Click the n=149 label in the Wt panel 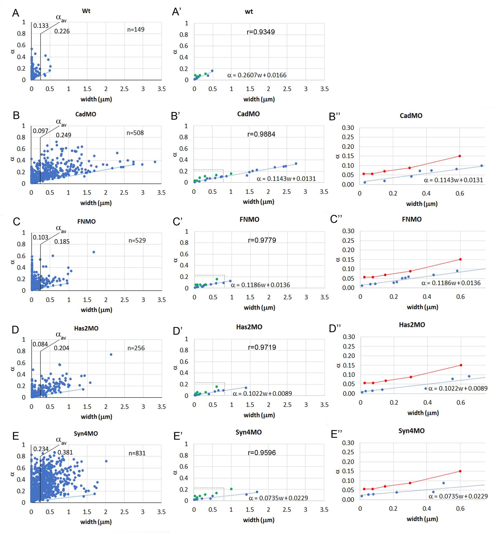(x=136, y=30)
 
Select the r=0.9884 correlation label (x=261, y=134)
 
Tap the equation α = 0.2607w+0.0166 (x=257, y=75)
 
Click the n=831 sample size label (x=137, y=453)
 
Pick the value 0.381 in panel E (x=65, y=452)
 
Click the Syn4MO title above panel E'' (x=411, y=431)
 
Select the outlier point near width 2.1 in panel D (x=111, y=355)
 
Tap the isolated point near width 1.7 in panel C (x=94, y=252)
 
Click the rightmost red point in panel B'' (x=460, y=156)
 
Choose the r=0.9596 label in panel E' (x=262, y=453)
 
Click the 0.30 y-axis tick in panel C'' (x=348, y=231)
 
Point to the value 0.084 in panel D (x=40, y=344)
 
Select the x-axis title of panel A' (x=259, y=99)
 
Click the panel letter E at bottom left (x=15, y=436)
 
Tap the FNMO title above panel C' (x=249, y=219)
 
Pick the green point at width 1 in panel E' (x=231, y=489)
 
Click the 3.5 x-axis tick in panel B (x=161, y=192)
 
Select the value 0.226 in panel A (x=62, y=31)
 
